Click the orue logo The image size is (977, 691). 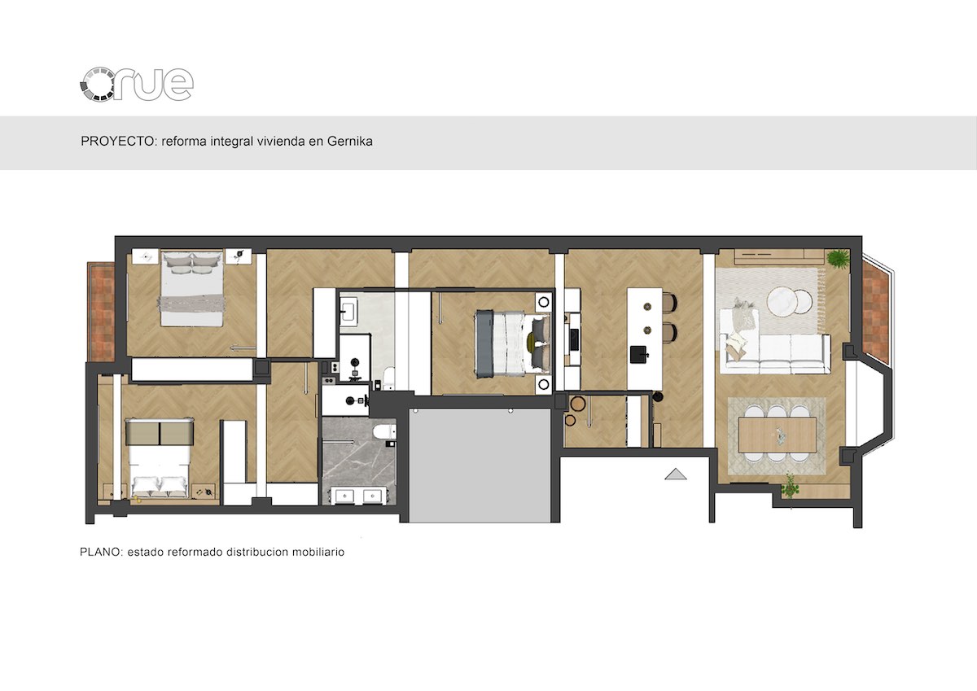[x=137, y=85]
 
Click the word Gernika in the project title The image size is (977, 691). [x=350, y=142]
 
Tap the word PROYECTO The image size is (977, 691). [x=118, y=142]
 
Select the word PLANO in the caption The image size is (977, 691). [x=101, y=552]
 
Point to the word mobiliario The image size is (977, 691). [x=318, y=552]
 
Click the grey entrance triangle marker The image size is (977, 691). [x=676, y=474]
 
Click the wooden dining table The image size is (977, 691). [x=778, y=435]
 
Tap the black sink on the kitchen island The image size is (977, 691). [x=639, y=354]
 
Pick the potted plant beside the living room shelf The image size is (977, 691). [x=839, y=258]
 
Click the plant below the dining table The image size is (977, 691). [x=790, y=487]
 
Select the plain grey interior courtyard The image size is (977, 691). [x=480, y=466]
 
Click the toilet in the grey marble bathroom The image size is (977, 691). [x=384, y=431]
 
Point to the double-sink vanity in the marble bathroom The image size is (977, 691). [x=358, y=496]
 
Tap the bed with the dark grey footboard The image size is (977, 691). [x=513, y=343]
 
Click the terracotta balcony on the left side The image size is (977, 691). [x=101, y=312]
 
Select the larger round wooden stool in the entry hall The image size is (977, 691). [x=578, y=404]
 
